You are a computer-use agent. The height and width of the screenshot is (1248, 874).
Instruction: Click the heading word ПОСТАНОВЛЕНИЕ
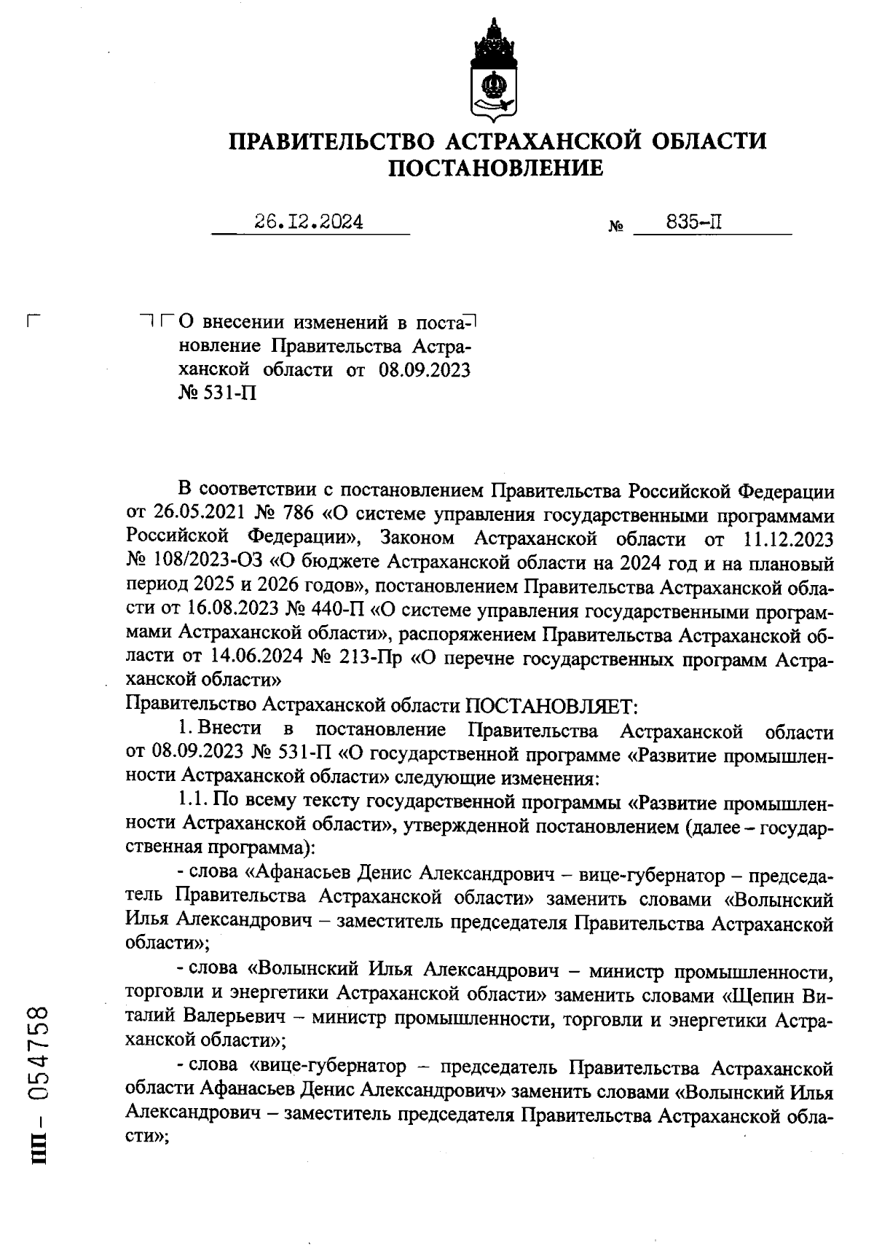pos(495,169)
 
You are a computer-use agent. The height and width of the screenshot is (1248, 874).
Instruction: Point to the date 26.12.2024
pos(309,221)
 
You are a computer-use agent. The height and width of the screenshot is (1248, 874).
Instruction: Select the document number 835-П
pos(694,221)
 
